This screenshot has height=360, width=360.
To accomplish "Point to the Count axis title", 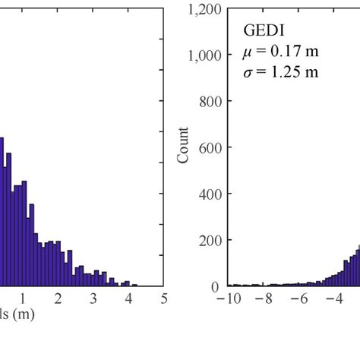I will [184, 148].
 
